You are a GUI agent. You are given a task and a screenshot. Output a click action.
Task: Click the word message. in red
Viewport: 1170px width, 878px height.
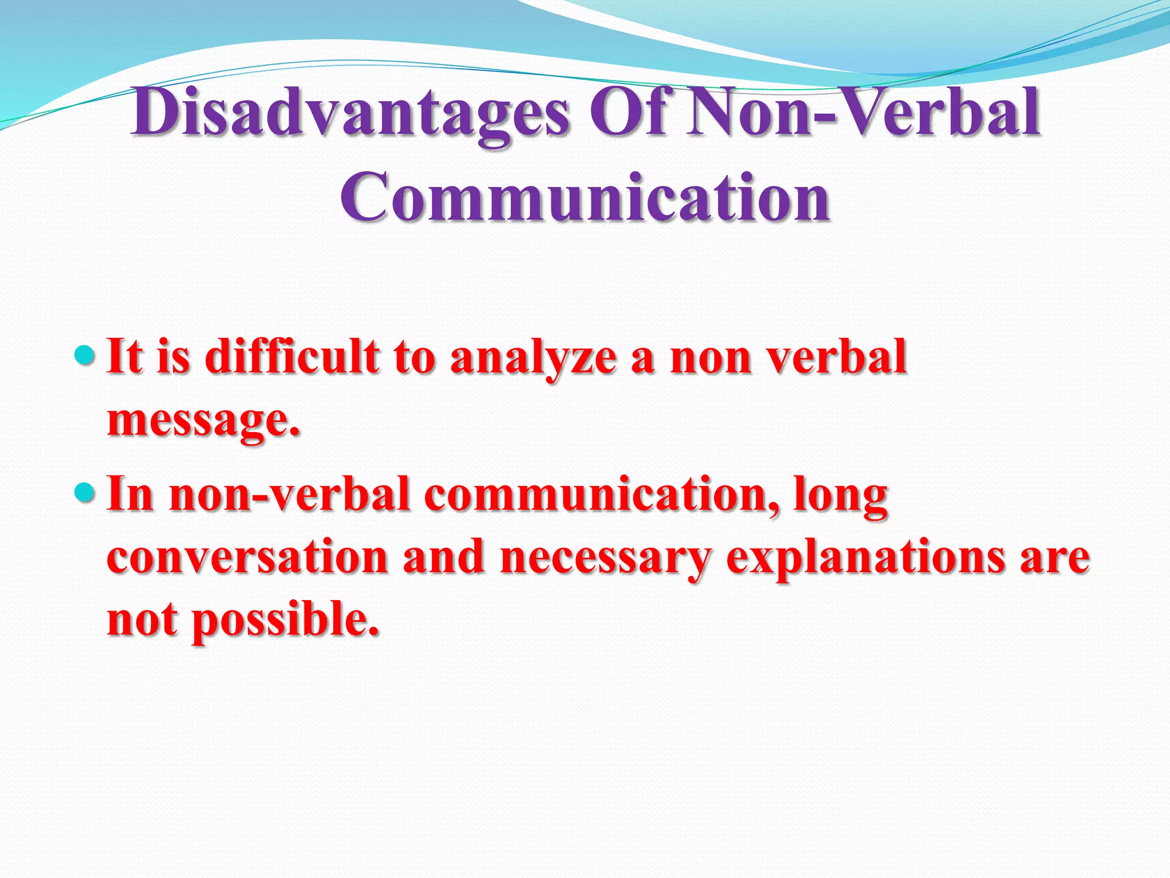(x=203, y=422)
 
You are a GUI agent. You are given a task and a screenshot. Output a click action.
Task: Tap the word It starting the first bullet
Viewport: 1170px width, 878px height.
(x=125, y=357)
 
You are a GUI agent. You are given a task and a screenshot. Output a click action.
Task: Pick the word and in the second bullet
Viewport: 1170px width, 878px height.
(x=443, y=557)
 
